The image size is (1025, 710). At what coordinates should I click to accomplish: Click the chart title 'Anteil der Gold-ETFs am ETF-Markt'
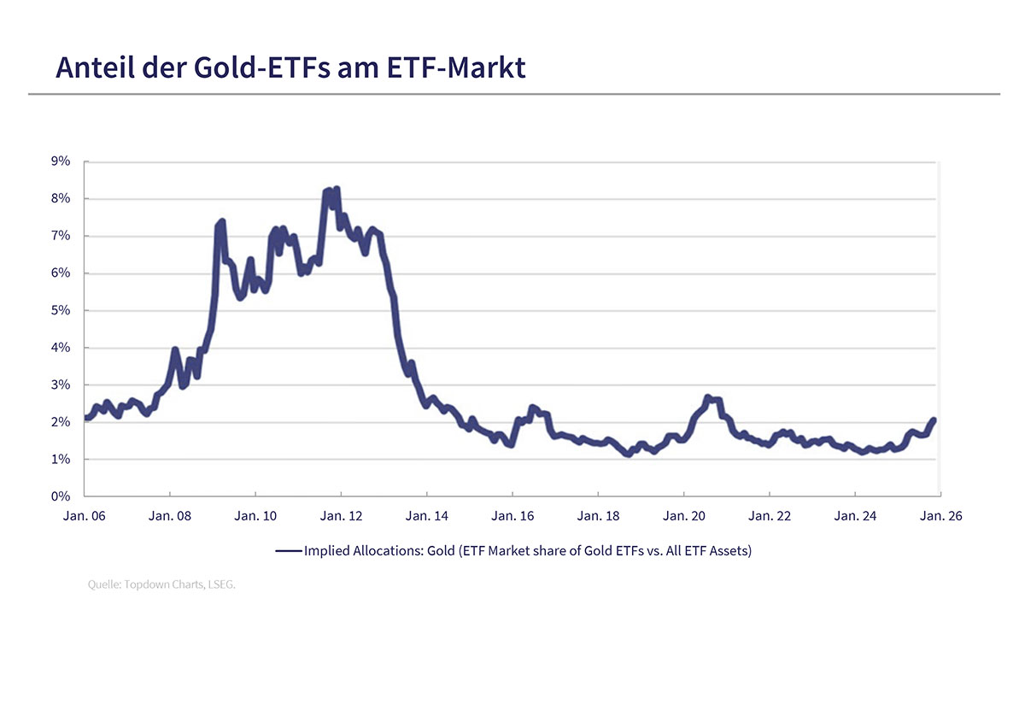[290, 67]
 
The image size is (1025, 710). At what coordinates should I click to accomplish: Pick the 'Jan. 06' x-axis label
[85, 516]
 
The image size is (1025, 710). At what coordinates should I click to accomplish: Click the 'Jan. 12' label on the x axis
[341, 516]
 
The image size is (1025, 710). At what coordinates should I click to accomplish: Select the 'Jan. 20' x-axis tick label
[684, 516]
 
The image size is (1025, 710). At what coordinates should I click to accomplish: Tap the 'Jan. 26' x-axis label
[940, 516]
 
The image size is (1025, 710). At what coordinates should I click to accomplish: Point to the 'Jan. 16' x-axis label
[512, 516]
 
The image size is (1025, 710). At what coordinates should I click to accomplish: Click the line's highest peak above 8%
[337, 189]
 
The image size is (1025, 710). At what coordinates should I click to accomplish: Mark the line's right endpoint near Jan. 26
[934, 420]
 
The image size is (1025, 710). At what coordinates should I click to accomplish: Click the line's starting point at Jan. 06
[86, 418]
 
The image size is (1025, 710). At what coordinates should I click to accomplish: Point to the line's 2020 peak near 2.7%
[707, 397]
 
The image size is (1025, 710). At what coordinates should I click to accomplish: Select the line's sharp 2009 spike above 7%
[221, 222]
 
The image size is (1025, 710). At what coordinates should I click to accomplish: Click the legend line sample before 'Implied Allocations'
[289, 552]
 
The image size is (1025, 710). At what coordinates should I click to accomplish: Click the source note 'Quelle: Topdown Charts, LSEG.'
[161, 585]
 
